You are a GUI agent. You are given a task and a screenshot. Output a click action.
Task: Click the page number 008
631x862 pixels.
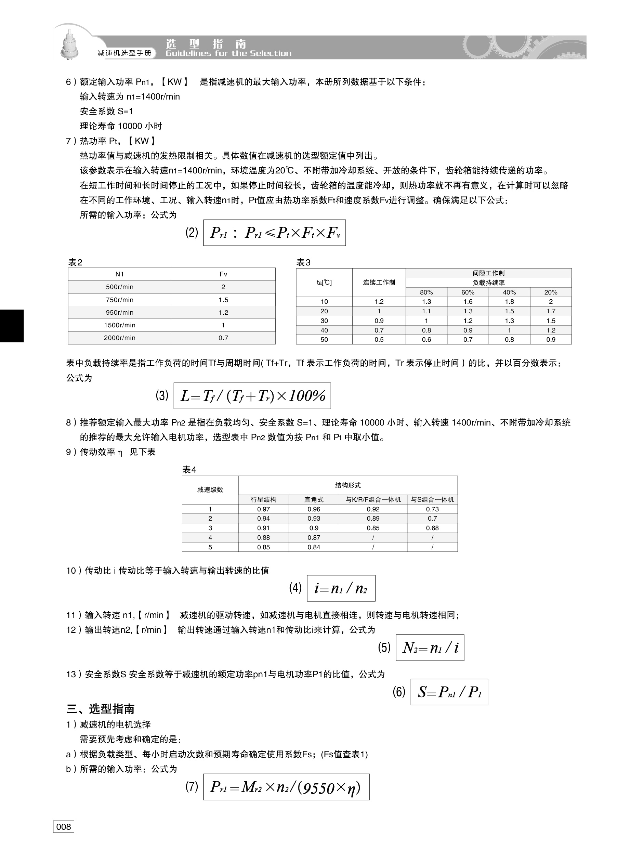coord(63,826)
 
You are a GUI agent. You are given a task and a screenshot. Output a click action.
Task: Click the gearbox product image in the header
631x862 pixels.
coord(69,45)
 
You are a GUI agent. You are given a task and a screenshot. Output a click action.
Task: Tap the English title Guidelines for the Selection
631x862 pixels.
coord(228,53)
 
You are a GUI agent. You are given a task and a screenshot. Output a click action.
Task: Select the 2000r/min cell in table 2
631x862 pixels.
coord(120,338)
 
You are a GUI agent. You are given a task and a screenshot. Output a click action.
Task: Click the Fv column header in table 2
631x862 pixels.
coord(223,274)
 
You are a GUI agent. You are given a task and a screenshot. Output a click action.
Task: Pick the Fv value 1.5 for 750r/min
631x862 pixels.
coord(223,300)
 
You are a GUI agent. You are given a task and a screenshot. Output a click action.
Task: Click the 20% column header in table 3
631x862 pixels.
coord(550,292)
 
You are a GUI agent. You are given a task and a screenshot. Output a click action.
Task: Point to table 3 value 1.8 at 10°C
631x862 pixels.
coord(509,302)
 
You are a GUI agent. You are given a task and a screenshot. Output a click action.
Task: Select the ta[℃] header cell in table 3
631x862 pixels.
coord(324,283)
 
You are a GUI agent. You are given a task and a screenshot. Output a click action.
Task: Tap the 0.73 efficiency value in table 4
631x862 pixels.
coord(432,509)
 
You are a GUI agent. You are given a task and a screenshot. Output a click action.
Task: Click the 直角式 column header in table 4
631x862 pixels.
coord(314,499)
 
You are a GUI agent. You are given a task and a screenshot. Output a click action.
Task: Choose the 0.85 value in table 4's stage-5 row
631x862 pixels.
coord(263,547)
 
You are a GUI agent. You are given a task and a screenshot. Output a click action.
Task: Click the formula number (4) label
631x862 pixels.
coord(295,588)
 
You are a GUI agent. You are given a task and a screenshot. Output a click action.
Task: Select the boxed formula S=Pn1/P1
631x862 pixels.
coord(449,692)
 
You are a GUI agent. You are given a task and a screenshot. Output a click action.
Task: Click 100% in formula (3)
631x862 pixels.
coord(307,396)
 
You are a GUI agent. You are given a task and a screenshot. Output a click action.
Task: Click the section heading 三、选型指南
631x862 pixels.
coord(100,709)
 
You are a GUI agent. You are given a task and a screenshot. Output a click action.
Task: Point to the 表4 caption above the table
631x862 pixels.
coord(189,470)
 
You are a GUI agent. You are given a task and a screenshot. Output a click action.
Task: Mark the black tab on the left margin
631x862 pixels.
coord(12,326)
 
